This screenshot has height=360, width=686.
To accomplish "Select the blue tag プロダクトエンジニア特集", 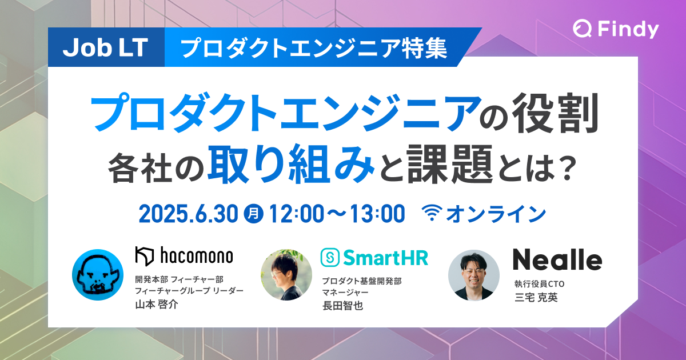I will [x=313, y=49].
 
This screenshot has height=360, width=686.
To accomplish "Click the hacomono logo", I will [x=184, y=255].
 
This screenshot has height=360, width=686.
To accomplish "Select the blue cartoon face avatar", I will [x=98, y=275].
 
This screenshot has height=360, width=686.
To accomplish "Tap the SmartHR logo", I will [x=374, y=258].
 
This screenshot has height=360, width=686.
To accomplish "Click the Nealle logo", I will [x=557, y=260].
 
